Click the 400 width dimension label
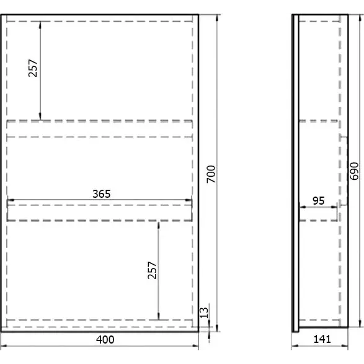(105, 340)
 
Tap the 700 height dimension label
(211, 174)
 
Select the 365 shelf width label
(102, 194)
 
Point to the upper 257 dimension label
(33, 68)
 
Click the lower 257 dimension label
(152, 270)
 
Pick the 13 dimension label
(203, 313)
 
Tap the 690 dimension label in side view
(354, 171)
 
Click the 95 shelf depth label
(318, 201)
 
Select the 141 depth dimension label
(322, 339)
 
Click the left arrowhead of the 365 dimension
(11, 200)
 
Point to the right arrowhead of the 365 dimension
(189, 200)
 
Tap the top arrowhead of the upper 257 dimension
(40, 25)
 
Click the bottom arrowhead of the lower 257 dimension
(159, 316)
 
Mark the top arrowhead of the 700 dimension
(217, 18)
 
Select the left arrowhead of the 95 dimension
(303, 206)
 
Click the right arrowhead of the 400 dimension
(195, 345)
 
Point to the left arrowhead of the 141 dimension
(295, 345)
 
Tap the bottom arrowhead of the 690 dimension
(360, 324)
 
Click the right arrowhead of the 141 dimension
(345, 345)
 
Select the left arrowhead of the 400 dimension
(4, 345)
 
